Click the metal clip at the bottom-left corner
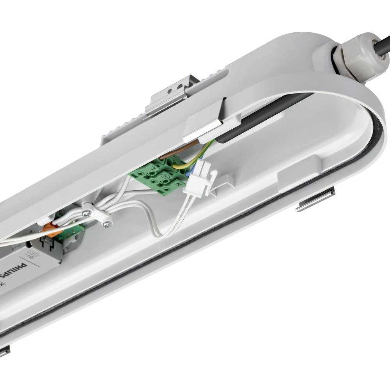4,351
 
